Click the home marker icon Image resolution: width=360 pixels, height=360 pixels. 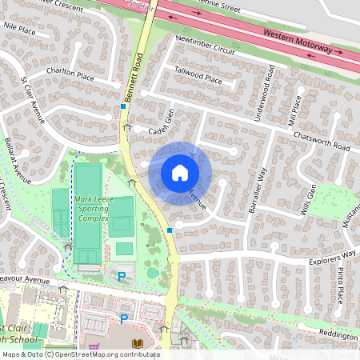click(x=180, y=172)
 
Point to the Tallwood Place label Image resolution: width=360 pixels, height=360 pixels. click(x=198, y=74)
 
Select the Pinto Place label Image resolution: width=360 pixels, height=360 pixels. click(x=339, y=286)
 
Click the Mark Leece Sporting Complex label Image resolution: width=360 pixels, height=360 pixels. click(x=93, y=210)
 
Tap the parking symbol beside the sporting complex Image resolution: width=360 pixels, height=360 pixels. click(x=122, y=277)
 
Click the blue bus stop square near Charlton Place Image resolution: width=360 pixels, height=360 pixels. click(x=123, y=106)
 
